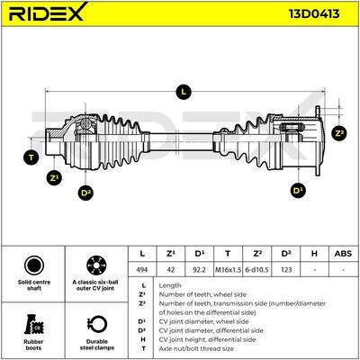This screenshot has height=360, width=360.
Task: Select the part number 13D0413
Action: coord(314,13)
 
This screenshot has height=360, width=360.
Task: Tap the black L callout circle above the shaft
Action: coord(184,92)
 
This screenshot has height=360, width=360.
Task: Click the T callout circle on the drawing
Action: coord(31,157)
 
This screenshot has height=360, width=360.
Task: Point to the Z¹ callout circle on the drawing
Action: coord(54,178)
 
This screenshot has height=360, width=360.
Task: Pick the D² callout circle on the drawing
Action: coord(85,193)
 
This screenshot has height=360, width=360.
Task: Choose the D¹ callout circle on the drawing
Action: coord(298,191)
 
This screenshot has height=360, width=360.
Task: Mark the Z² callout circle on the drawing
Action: coord(339,133)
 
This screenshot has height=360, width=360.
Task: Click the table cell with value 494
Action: coord(142,270)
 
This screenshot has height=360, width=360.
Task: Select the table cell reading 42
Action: coord(170,270)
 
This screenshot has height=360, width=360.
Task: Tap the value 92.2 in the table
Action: coord(199,270)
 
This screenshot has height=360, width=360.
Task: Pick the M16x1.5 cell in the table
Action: coord(228,270)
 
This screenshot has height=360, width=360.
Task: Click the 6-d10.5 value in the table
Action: coord(256,270)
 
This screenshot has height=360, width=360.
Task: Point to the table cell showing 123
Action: coord(286,270)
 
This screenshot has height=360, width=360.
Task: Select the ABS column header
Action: coord(343,254)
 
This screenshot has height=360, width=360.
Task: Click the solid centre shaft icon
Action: coord(34,265)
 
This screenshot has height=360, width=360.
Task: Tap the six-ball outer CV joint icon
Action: coord(96,265)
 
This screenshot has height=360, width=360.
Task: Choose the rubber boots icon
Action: coord(33,325)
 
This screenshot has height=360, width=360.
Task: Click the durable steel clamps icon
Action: coord(97,325)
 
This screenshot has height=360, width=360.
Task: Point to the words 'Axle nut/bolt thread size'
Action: coord(196,348)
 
